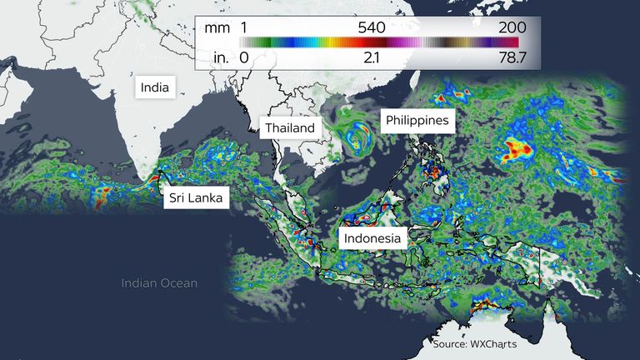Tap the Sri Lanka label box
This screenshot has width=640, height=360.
click(196, 197)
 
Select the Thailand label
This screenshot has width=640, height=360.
click(290, 127)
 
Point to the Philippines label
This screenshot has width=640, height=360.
click(417, 121)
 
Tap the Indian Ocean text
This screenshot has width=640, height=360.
click(159, 283)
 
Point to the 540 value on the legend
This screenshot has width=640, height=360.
click(371, 27)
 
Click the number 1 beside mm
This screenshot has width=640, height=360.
click(245, 27)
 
